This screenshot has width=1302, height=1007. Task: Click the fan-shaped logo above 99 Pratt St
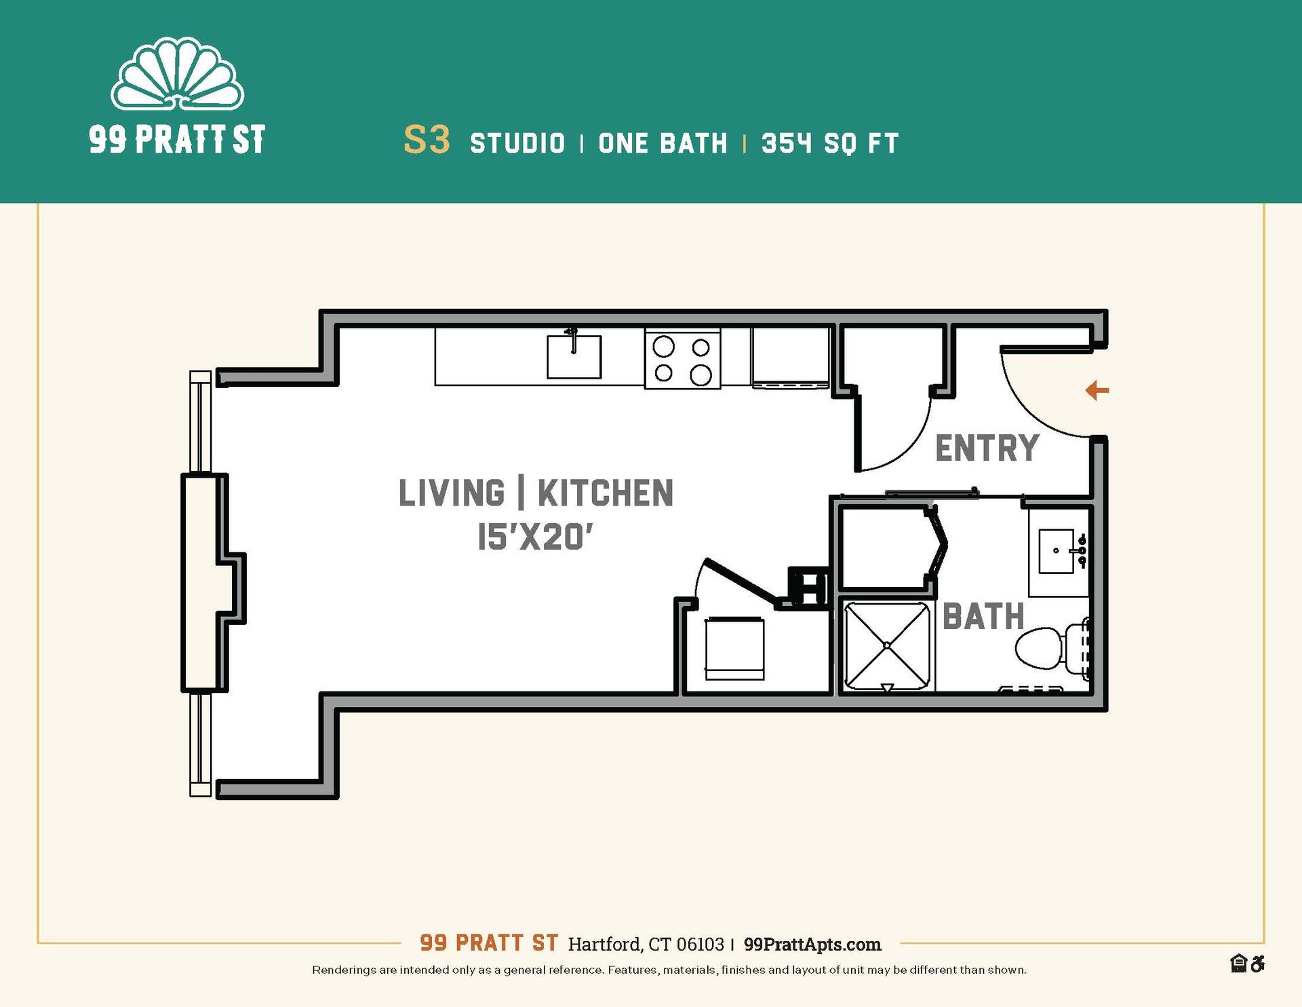(177, 76)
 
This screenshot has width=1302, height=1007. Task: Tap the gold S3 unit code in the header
(427, 140)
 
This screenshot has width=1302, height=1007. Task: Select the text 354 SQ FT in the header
(830, 143)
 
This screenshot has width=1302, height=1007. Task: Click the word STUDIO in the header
(517, 143)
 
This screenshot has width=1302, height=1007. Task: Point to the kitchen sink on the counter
(574, 356)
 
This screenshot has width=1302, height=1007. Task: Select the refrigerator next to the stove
(790, 356)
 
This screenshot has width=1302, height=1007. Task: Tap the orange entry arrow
(1097, 390)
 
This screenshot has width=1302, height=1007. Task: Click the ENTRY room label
(987, 449)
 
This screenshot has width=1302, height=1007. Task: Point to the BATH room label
(983, 617)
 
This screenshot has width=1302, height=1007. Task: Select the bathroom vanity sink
(1057, 551)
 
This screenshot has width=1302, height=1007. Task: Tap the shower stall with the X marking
(887, 646)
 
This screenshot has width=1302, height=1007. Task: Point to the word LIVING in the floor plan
(452, 493)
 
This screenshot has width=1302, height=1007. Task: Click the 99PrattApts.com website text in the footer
(812, 945)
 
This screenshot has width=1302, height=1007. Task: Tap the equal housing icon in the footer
(1238, 964)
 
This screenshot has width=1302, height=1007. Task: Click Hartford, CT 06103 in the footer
(646, 945)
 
